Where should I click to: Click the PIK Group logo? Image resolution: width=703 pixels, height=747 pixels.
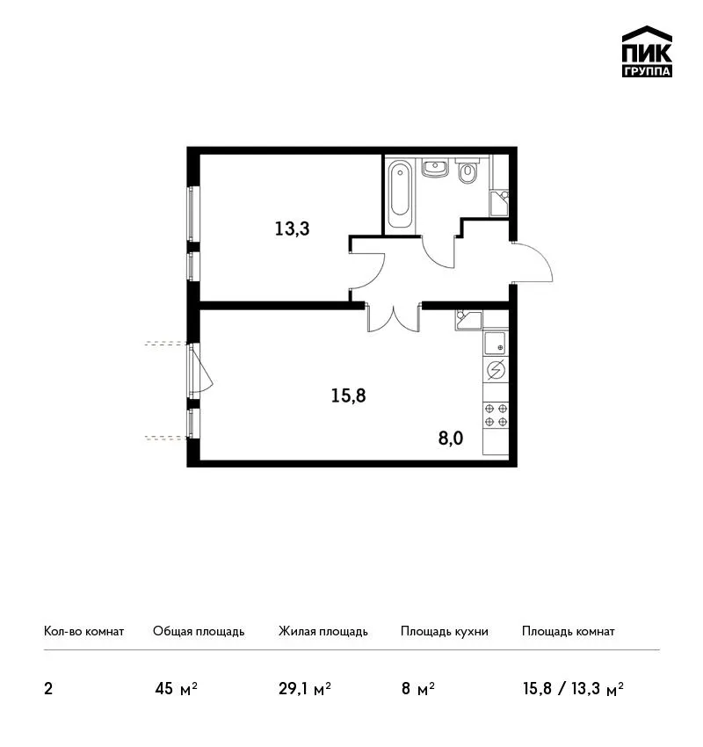coord(647,52)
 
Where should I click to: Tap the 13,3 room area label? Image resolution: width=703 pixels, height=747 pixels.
coord(292,228)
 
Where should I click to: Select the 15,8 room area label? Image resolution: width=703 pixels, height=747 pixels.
coord(349,395)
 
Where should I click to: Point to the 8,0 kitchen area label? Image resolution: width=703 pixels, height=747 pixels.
coord(451,439)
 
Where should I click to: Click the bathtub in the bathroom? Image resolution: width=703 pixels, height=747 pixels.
coord(400,194)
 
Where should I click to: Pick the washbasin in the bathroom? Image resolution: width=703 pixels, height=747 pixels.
coord(434,168)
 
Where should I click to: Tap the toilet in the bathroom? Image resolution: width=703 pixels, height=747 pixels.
coord(467,171)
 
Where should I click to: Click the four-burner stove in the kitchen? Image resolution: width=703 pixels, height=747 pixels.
coord(496,415)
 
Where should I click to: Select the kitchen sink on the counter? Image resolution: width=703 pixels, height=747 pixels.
coord(496,344)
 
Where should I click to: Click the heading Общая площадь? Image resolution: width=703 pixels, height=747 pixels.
coord(199,632)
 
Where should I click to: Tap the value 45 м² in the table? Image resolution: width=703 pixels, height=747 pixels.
coord(177,689)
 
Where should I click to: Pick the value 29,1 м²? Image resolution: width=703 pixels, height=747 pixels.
coord(305,689)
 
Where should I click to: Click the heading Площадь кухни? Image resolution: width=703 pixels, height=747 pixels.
coord(445,632)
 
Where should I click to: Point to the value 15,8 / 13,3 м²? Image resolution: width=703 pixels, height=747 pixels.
coord(574,689)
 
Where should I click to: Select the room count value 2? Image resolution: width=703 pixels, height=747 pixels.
coord(48,689)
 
